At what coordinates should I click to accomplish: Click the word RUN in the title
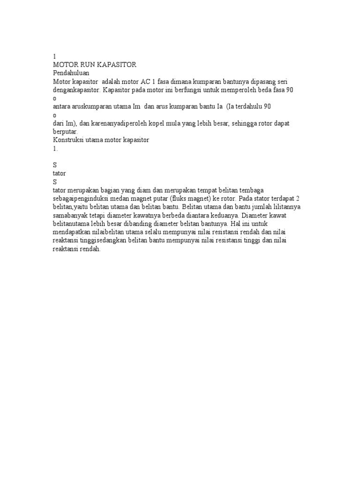click(88, 64)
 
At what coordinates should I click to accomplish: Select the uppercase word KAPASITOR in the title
click(116, 64)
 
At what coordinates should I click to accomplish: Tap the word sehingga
click(246, 123)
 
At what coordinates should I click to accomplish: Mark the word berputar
click(65, 132)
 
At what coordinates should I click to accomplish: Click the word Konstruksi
click(68, 140)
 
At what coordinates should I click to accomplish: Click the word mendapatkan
click(72, 232)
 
